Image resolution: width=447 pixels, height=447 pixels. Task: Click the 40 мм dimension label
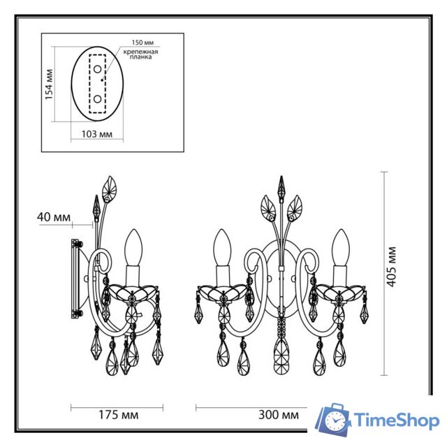coord(53,218)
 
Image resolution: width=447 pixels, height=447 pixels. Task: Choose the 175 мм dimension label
coord(119,415)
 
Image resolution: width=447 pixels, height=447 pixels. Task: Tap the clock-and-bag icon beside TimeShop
coord(334,420)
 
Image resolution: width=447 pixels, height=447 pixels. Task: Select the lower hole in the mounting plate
coord(97,99)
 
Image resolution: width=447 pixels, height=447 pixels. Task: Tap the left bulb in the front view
coord(223,247)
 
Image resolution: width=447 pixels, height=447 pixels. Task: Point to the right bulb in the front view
coord(342,247)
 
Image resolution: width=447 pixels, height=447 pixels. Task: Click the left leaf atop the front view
coord(268,207)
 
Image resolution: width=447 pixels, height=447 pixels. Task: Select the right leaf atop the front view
coord(296,207)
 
